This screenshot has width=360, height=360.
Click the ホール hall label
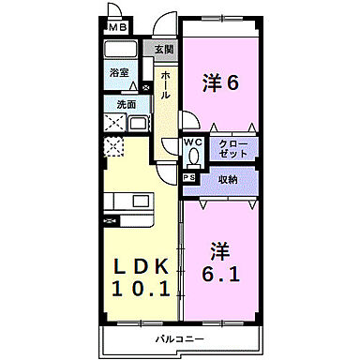point(165,85)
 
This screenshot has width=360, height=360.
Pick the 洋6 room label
point(222,82)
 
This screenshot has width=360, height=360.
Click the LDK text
point(142,267)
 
